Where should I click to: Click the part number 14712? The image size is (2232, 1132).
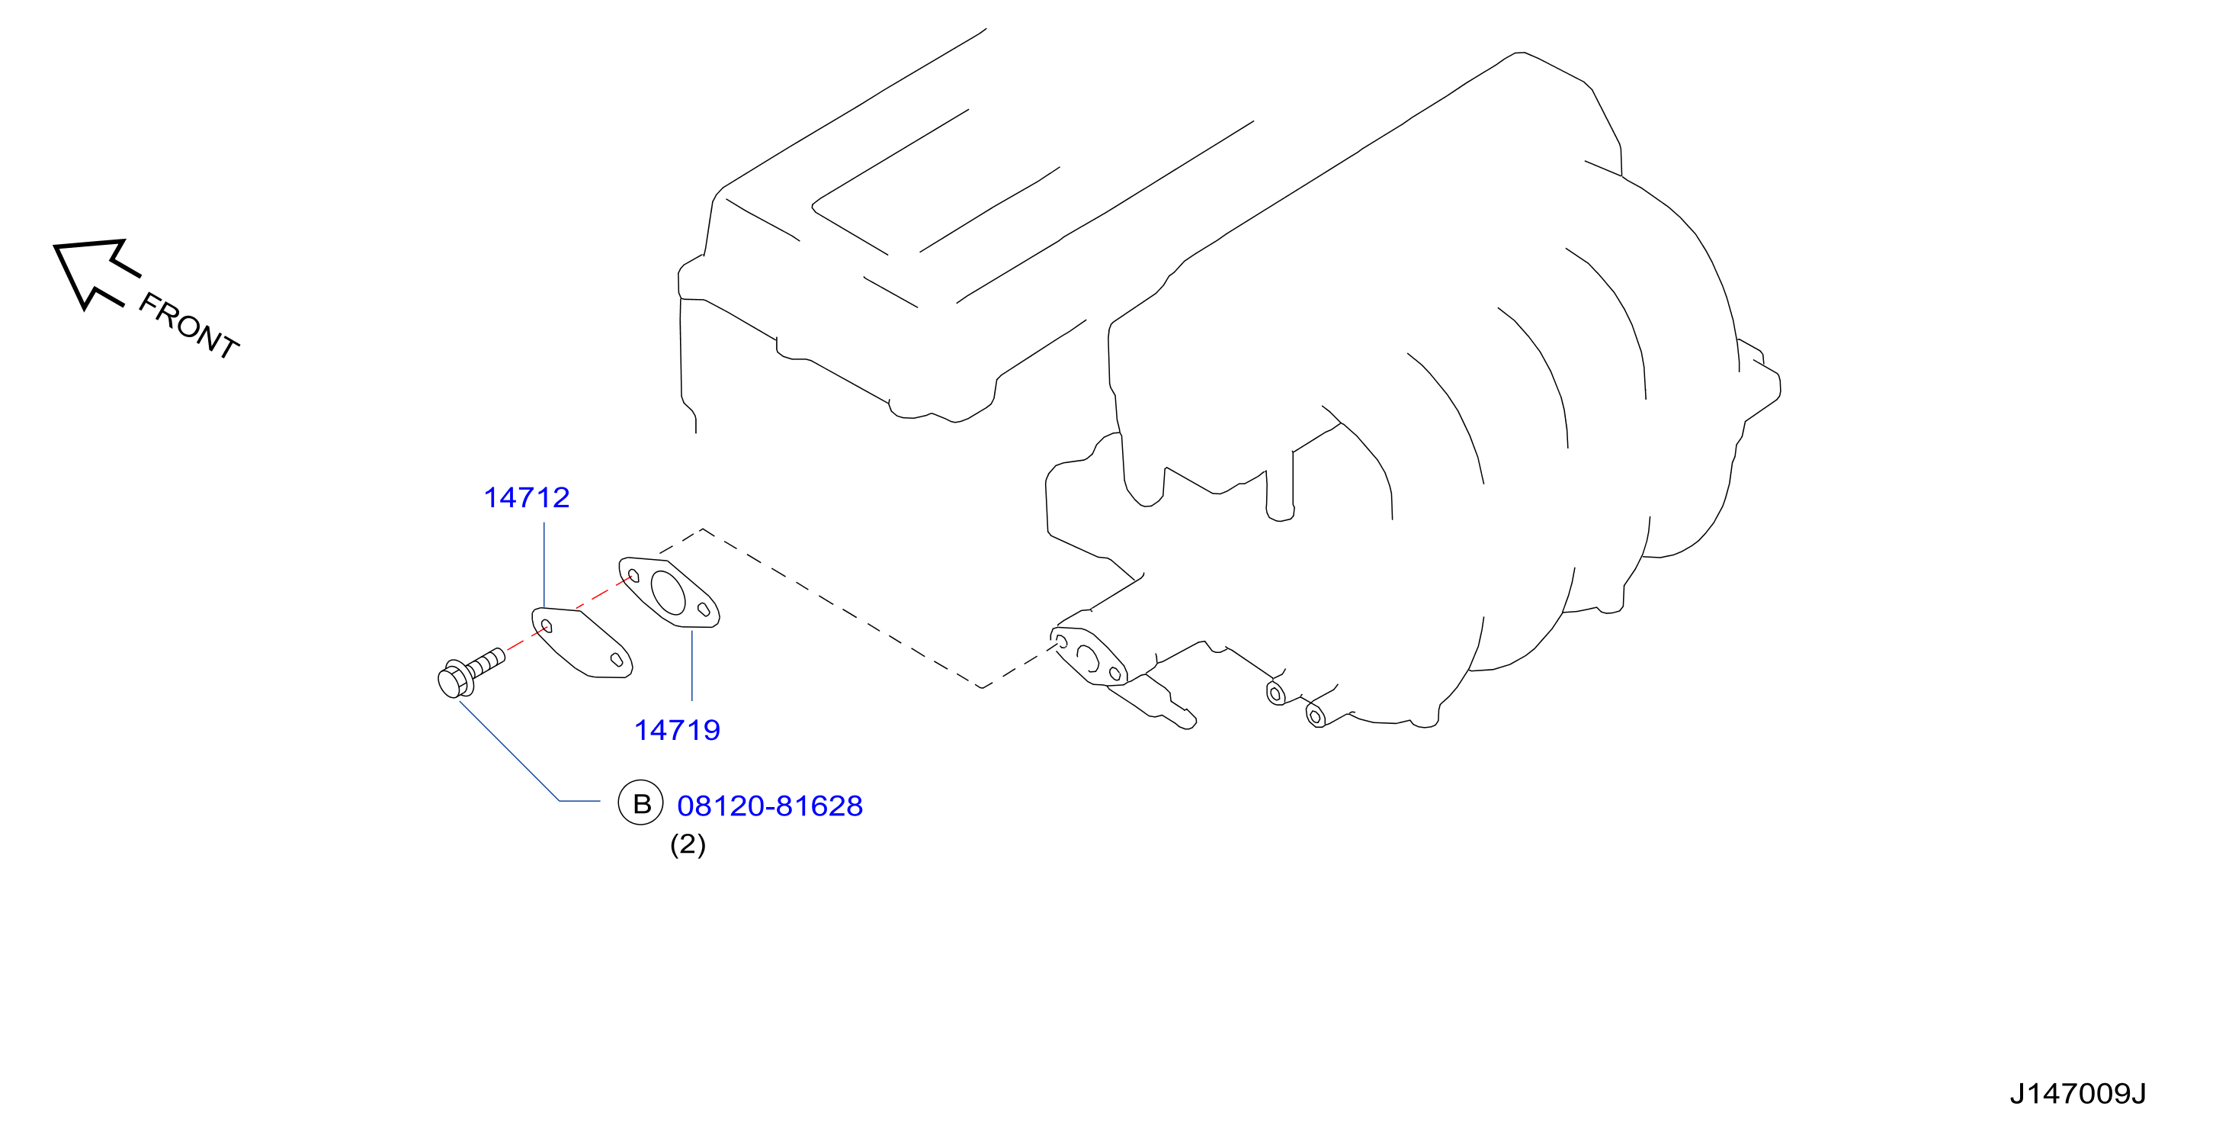pyautogui.click(x=527, y=497)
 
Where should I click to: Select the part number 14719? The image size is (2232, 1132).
pyautogui.click(x=678, y=730)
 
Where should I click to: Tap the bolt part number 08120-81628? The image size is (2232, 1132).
pyautogui.click(x=769, y=806)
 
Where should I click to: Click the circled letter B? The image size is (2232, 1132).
pyautogui.click(x=640, y=802)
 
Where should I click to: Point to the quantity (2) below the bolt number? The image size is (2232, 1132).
pyautogui.click(x=688, y=844)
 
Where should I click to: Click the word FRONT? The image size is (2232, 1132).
pyautogui.click(x=189, y=326)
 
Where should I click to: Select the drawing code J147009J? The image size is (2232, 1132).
pyautogui.click(x=2078, y=1094)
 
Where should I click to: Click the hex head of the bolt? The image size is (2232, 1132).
pyautogui.click(x=454, y=680)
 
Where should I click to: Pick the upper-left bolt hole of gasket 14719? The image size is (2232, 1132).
pyautogui.click(x=633, y=575)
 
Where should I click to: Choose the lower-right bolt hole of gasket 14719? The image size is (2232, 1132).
pyautogui.click(x=704, y=610)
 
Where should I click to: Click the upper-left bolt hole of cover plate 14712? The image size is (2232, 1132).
pyautogui.click(x=546, y=625)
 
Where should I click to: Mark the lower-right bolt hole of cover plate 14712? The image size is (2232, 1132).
pyautogui.click(x=617, y=660)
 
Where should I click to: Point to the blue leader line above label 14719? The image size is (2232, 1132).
pyautogui.click(x=691, y=666)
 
